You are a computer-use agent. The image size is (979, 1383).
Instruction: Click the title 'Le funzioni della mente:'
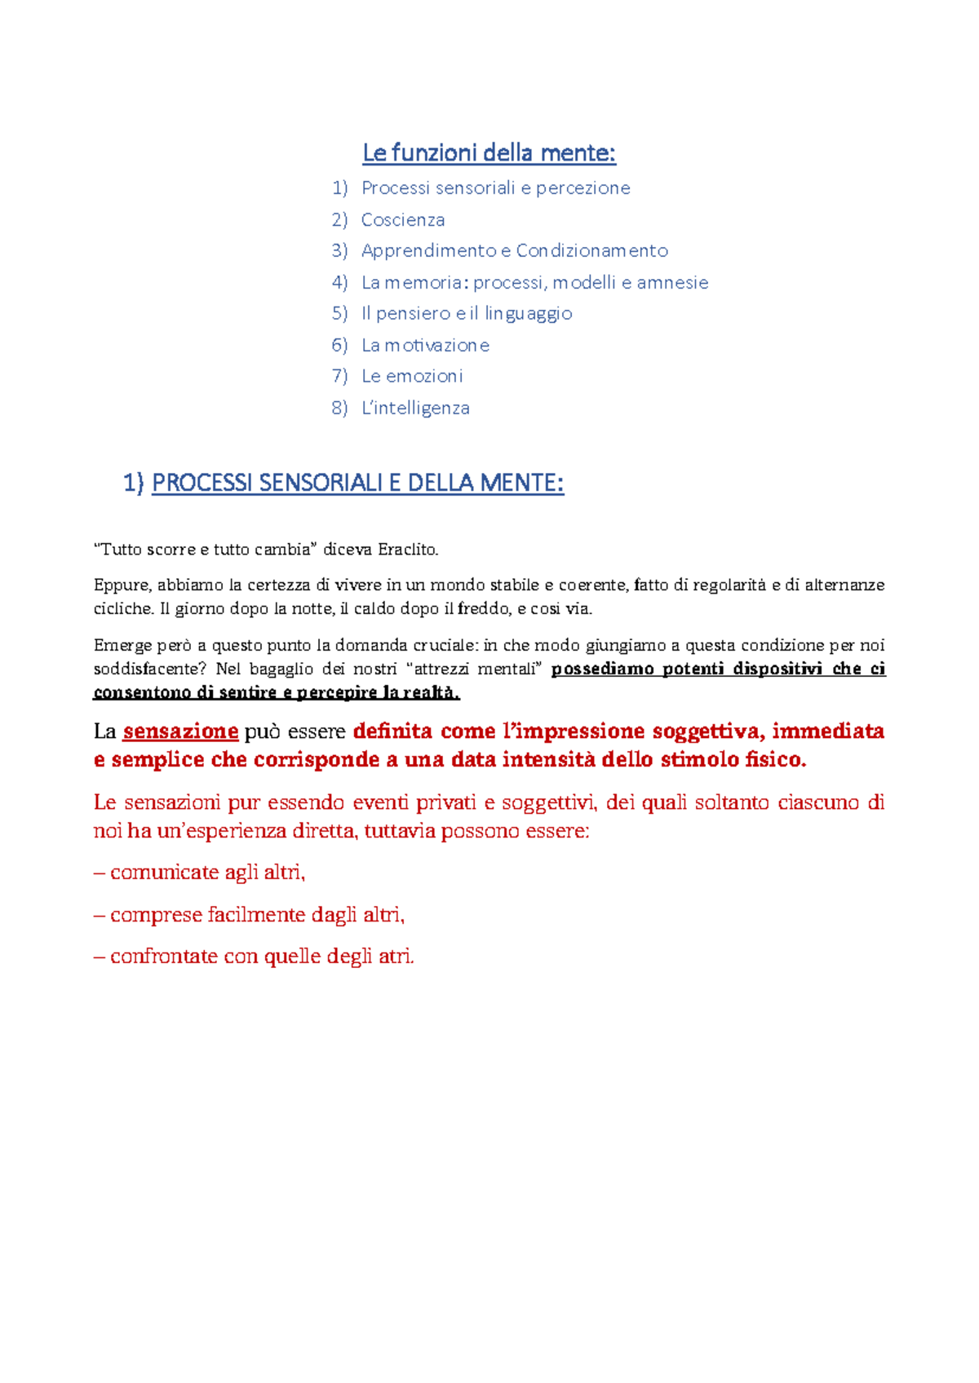[489, 152]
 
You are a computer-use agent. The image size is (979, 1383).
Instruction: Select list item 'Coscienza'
[403, 220]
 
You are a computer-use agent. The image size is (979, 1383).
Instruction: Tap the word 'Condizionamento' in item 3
[591, 251]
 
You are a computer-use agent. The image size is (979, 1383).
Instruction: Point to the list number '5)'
[339, 314]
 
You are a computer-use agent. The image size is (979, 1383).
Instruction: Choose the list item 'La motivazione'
[425, 346]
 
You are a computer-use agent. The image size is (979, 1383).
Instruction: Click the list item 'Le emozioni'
[412, 377]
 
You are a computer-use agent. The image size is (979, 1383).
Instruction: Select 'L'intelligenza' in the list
[415, 409]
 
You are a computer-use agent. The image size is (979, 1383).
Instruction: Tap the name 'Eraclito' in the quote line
[408, 550]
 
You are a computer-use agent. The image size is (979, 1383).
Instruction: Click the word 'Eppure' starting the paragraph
[122, 585]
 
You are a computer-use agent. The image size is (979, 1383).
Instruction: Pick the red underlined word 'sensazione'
[180, 731]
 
